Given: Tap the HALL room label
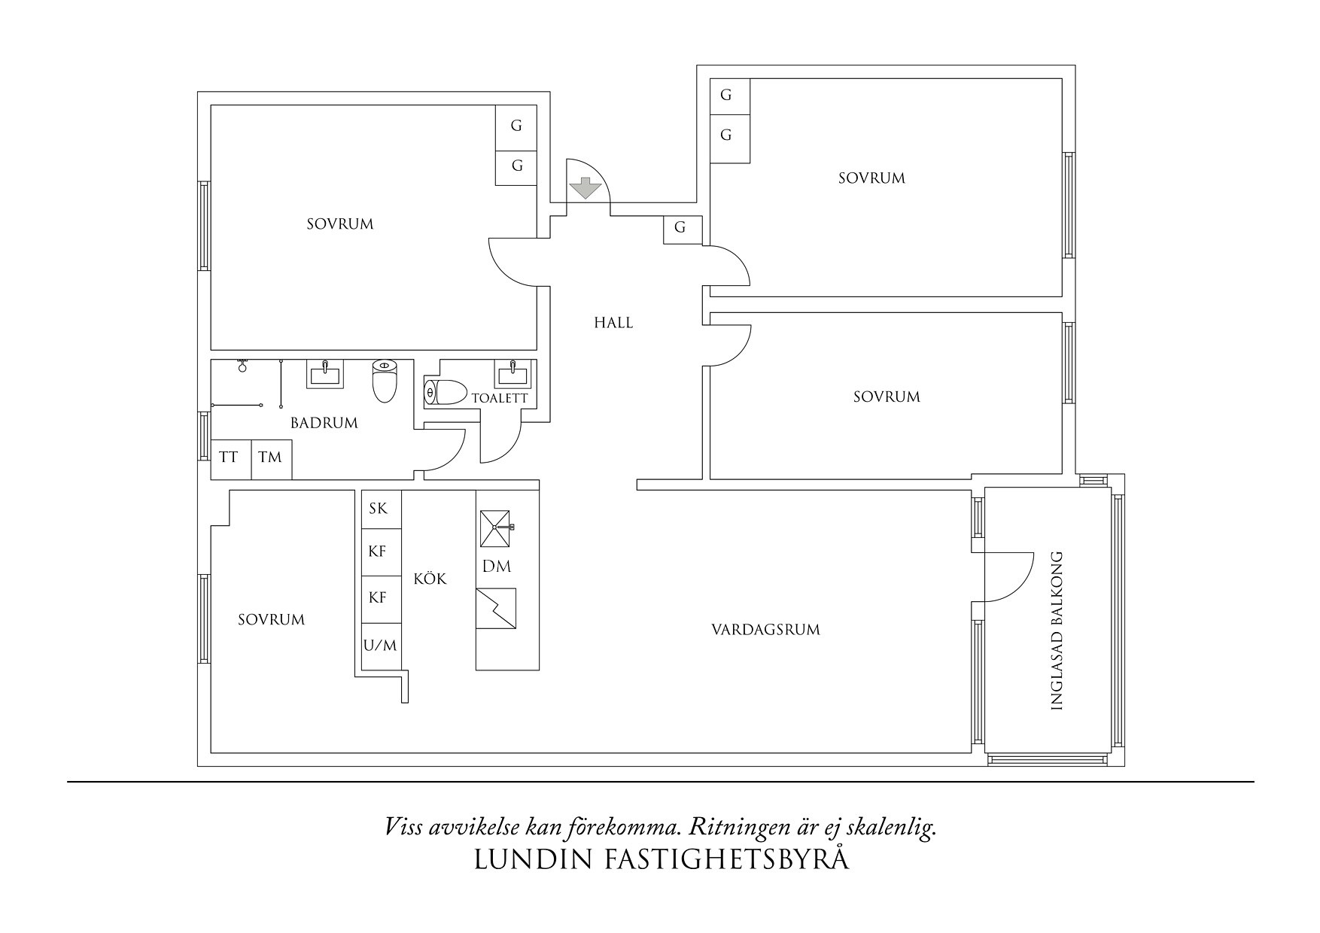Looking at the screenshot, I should pos(613,323).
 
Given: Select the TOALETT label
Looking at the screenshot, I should pos(500,398).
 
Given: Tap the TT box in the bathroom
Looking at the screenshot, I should pos(229,457).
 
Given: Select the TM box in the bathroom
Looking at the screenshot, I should pos(269,457).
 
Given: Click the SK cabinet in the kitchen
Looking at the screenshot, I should pos(379,509).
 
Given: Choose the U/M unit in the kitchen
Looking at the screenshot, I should pos(380,646).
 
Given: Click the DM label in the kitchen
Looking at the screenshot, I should pos(497,567).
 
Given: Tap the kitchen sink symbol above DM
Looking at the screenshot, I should pos(496,527).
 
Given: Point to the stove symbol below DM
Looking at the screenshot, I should pos(496,608).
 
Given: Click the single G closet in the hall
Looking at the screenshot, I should pos(681,228).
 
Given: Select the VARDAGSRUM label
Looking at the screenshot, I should pos(765,630).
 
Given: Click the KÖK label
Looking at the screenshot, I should pos(430,579).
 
